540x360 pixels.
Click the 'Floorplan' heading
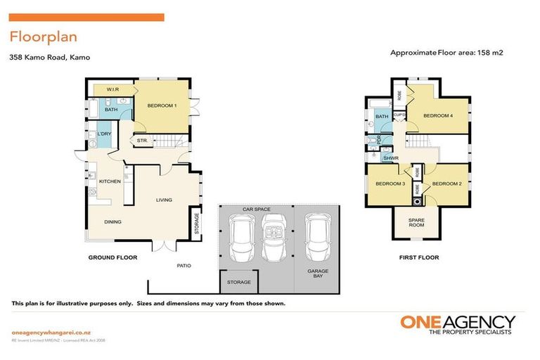coord(44,37)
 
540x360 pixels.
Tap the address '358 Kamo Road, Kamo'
coord(50,58)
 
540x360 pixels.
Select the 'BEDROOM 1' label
coord(162,105)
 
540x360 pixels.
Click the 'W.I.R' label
coord(112,90)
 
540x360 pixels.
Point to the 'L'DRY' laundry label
coord(105,134)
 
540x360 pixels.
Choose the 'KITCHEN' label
coord(110,181)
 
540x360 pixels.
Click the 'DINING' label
coord(113,222)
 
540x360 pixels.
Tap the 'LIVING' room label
coord(164,200)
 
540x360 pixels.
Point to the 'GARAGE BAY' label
coord(317,274)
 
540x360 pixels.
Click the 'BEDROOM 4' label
coord(437,116)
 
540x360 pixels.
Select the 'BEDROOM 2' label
coord(445,184)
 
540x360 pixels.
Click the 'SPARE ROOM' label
coord(416,222)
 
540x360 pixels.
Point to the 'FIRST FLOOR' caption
coord(418,258)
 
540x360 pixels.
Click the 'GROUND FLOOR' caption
coord(112,258)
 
